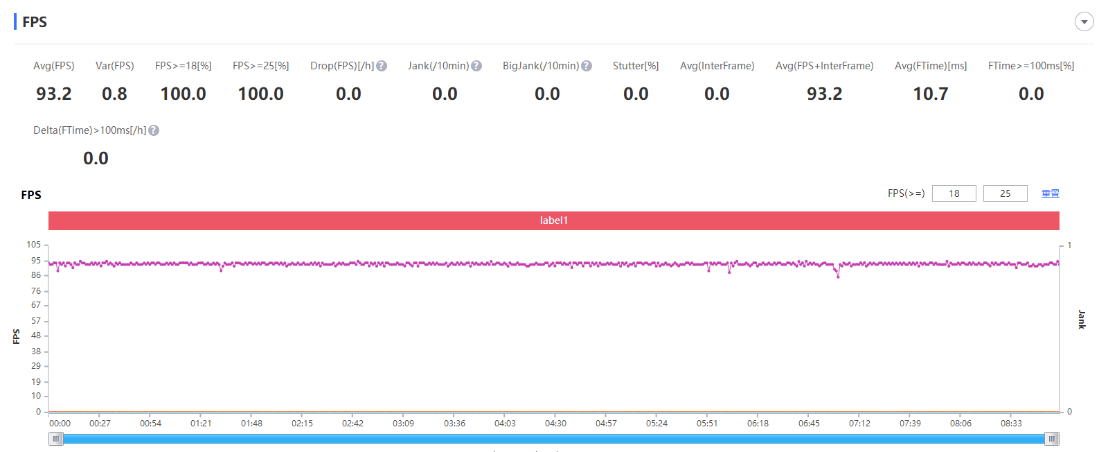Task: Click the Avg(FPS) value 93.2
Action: coord(54,94)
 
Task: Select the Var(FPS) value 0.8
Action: coord(114,94)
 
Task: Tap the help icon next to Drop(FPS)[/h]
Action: coord(382,66)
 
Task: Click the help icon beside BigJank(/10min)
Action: coord(587,66)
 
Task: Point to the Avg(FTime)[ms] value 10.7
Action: coord(930,94)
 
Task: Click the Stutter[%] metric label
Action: coord(635,66)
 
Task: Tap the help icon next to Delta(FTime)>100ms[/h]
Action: coord(154,130)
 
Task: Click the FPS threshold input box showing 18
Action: coord(954,193)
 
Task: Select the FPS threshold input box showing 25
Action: coord(1005,193)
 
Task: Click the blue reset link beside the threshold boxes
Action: coord(1050,193)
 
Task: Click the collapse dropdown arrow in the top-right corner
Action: coord(1084,21)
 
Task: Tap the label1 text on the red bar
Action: coord(553,220)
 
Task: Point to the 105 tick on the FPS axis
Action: coord(34,245)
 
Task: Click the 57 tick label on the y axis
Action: coord(36,321)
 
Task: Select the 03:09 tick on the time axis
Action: coord(403,423)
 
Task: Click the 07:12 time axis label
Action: coord(859,423)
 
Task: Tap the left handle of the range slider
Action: coord(56,439)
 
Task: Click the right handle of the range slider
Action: coord(1052,439)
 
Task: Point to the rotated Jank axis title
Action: coord(1082,320)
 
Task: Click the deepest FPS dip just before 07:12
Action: coord(838,276)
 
